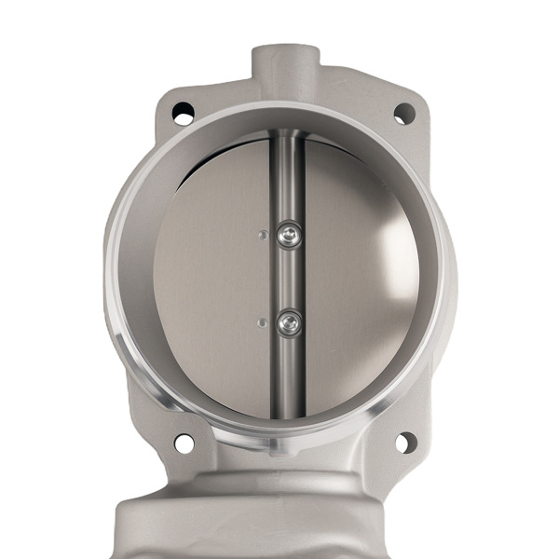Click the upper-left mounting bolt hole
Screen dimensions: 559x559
[x=183, y=114]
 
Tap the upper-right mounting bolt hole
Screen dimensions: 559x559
[x=403, y=114]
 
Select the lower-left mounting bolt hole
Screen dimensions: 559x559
[x=184, y=443]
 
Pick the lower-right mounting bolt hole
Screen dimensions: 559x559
[x=405, y=442]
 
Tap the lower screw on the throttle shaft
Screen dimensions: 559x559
[x=290, y=323]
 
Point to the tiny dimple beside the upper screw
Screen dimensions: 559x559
[x=264, y=234]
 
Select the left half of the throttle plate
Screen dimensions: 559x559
[x=214, y=279]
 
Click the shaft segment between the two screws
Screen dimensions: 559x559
[x=289, y=279]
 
